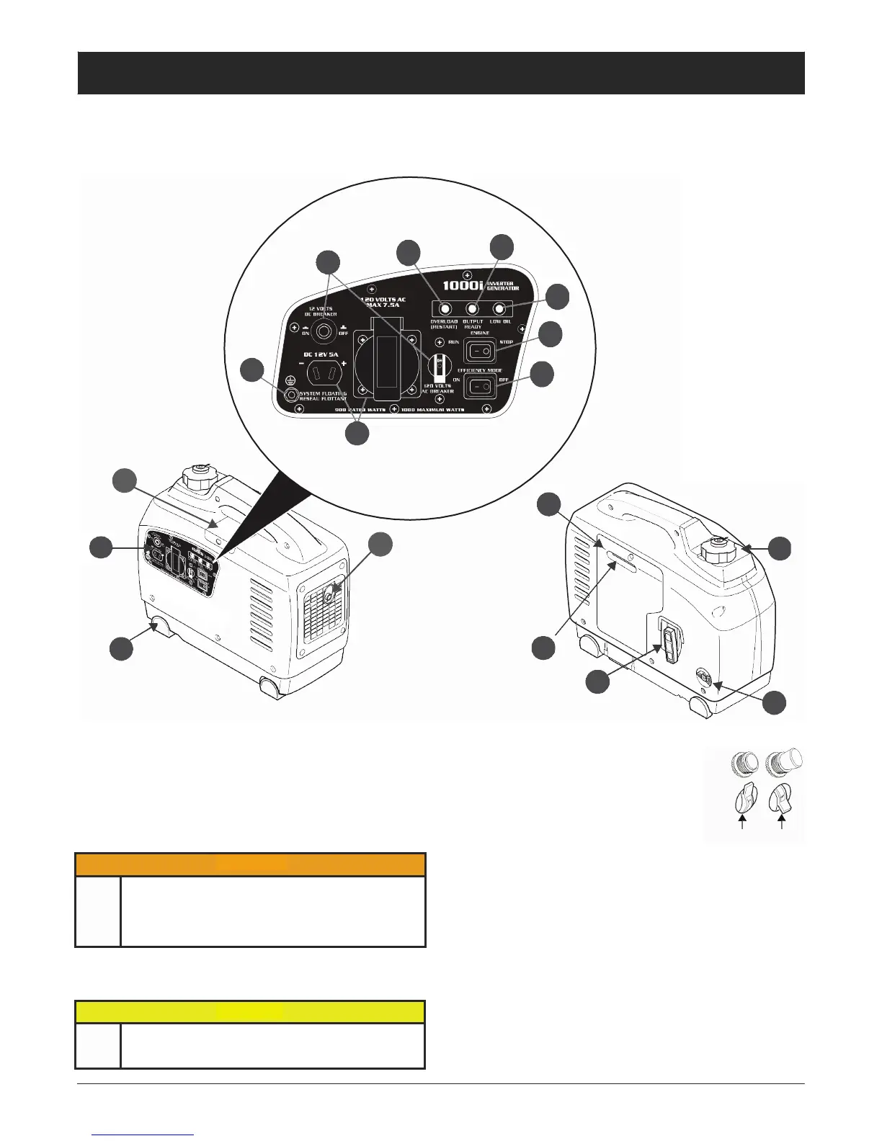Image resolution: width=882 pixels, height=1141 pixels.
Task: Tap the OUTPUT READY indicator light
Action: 473,309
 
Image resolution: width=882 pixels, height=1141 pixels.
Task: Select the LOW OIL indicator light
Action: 499,309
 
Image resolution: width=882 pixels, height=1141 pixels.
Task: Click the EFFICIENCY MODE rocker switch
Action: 479,387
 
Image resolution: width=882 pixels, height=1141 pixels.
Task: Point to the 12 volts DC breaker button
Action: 324,331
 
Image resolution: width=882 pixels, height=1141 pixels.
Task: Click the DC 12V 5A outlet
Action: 322,372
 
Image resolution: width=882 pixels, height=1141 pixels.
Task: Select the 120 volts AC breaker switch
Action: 437,366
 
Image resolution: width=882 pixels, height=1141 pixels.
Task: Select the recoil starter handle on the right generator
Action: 671,643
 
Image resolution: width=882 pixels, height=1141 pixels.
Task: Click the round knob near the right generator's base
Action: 704,680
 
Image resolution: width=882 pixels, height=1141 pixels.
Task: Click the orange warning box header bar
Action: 250,864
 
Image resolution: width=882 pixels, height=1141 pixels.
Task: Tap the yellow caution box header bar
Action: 250,1011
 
